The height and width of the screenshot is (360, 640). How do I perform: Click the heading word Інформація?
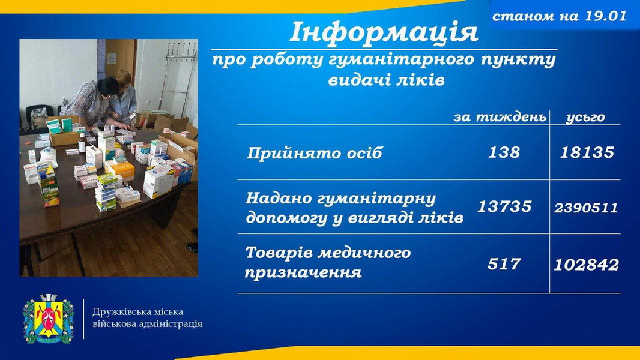tap(384, 32)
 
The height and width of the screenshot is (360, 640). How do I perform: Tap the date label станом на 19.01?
tap(559, 16)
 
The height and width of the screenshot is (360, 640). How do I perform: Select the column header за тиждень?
tap(500, 118)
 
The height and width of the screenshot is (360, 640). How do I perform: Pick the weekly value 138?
tap(504, 152)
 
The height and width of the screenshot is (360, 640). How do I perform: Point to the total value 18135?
tap(587, 152)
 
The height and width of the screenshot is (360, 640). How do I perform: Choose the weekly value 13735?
tap(504, 206)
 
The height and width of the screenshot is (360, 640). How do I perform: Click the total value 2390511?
tap(586, 208)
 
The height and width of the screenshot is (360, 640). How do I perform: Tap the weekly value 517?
tap(504, 264)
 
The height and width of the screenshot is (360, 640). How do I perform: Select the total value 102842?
tap(586, 265)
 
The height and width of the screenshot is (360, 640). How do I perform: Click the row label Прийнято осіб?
tap(315, 153)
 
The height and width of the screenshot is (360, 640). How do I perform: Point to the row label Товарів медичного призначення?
tap(327, 262)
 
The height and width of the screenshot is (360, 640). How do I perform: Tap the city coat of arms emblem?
tap(49, 319)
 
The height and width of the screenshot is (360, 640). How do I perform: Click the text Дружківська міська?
tap(137, 312)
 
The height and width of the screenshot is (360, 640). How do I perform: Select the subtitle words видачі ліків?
tap(386, 80)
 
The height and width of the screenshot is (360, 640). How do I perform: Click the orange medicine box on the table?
tap(122, 170)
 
